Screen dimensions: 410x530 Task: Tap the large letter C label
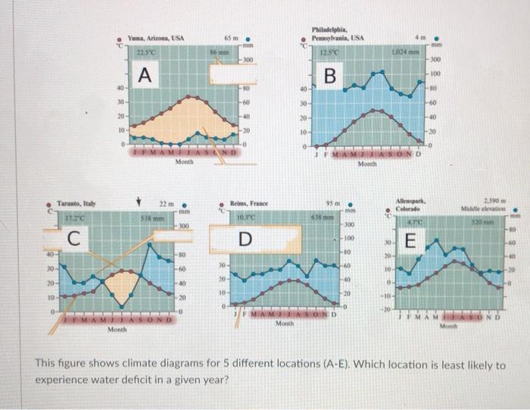73,239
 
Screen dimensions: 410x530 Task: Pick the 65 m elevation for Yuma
229,36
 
